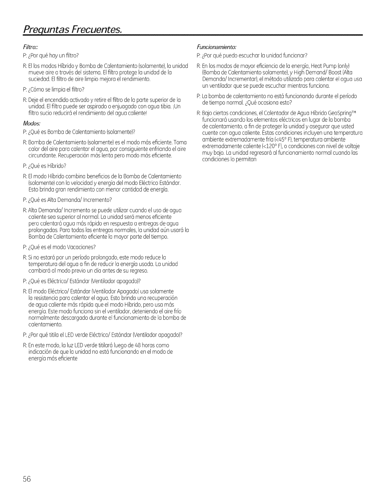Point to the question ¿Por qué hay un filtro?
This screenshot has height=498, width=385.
coord(50,56)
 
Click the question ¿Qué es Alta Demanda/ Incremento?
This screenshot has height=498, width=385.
coord(67,200)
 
